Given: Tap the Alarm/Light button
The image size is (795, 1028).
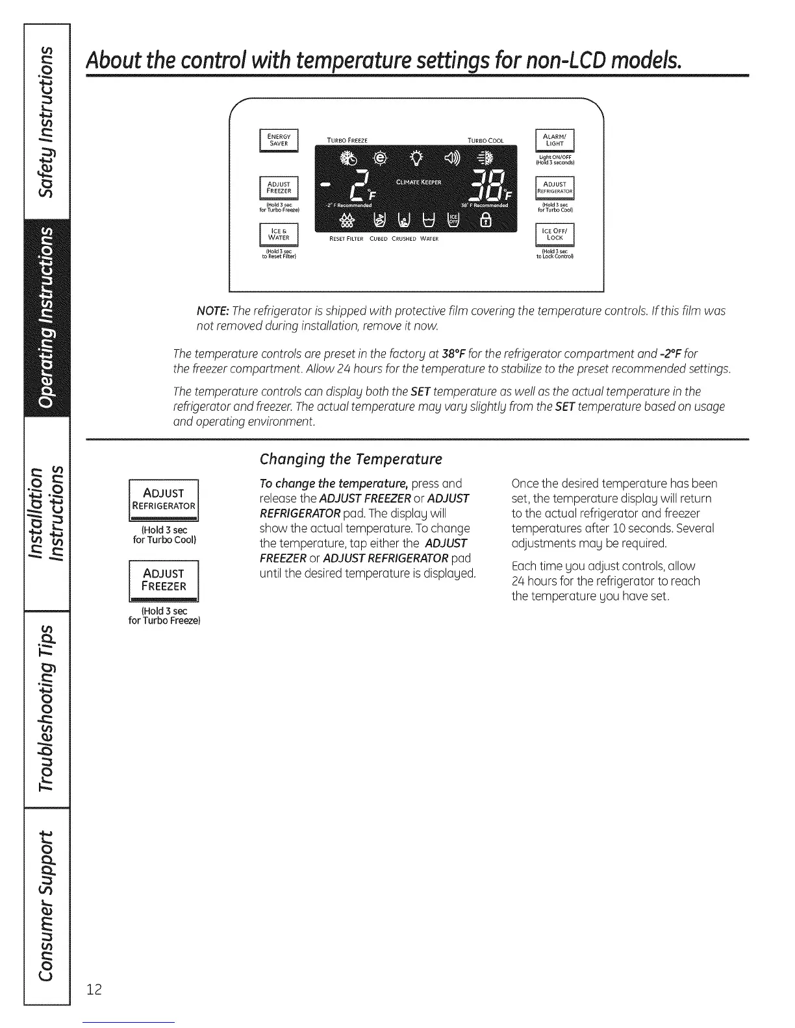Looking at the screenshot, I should pos(555,141).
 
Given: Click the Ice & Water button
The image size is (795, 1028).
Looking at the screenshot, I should pos(279,235).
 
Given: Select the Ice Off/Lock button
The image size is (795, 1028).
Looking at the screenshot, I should pos(555,234).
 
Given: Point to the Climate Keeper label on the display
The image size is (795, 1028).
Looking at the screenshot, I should pos(418,182).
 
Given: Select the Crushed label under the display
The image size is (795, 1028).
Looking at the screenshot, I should pos(404,239).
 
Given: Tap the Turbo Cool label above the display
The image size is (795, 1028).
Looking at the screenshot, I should pos(485,141).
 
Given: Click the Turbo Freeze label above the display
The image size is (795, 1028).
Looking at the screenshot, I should pos(347,141).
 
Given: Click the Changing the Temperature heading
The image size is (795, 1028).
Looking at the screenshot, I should pos(350,459).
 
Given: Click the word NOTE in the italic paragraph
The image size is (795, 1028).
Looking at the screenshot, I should pos(212,311).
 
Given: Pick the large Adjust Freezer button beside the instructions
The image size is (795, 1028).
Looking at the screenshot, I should pos(164,580).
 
